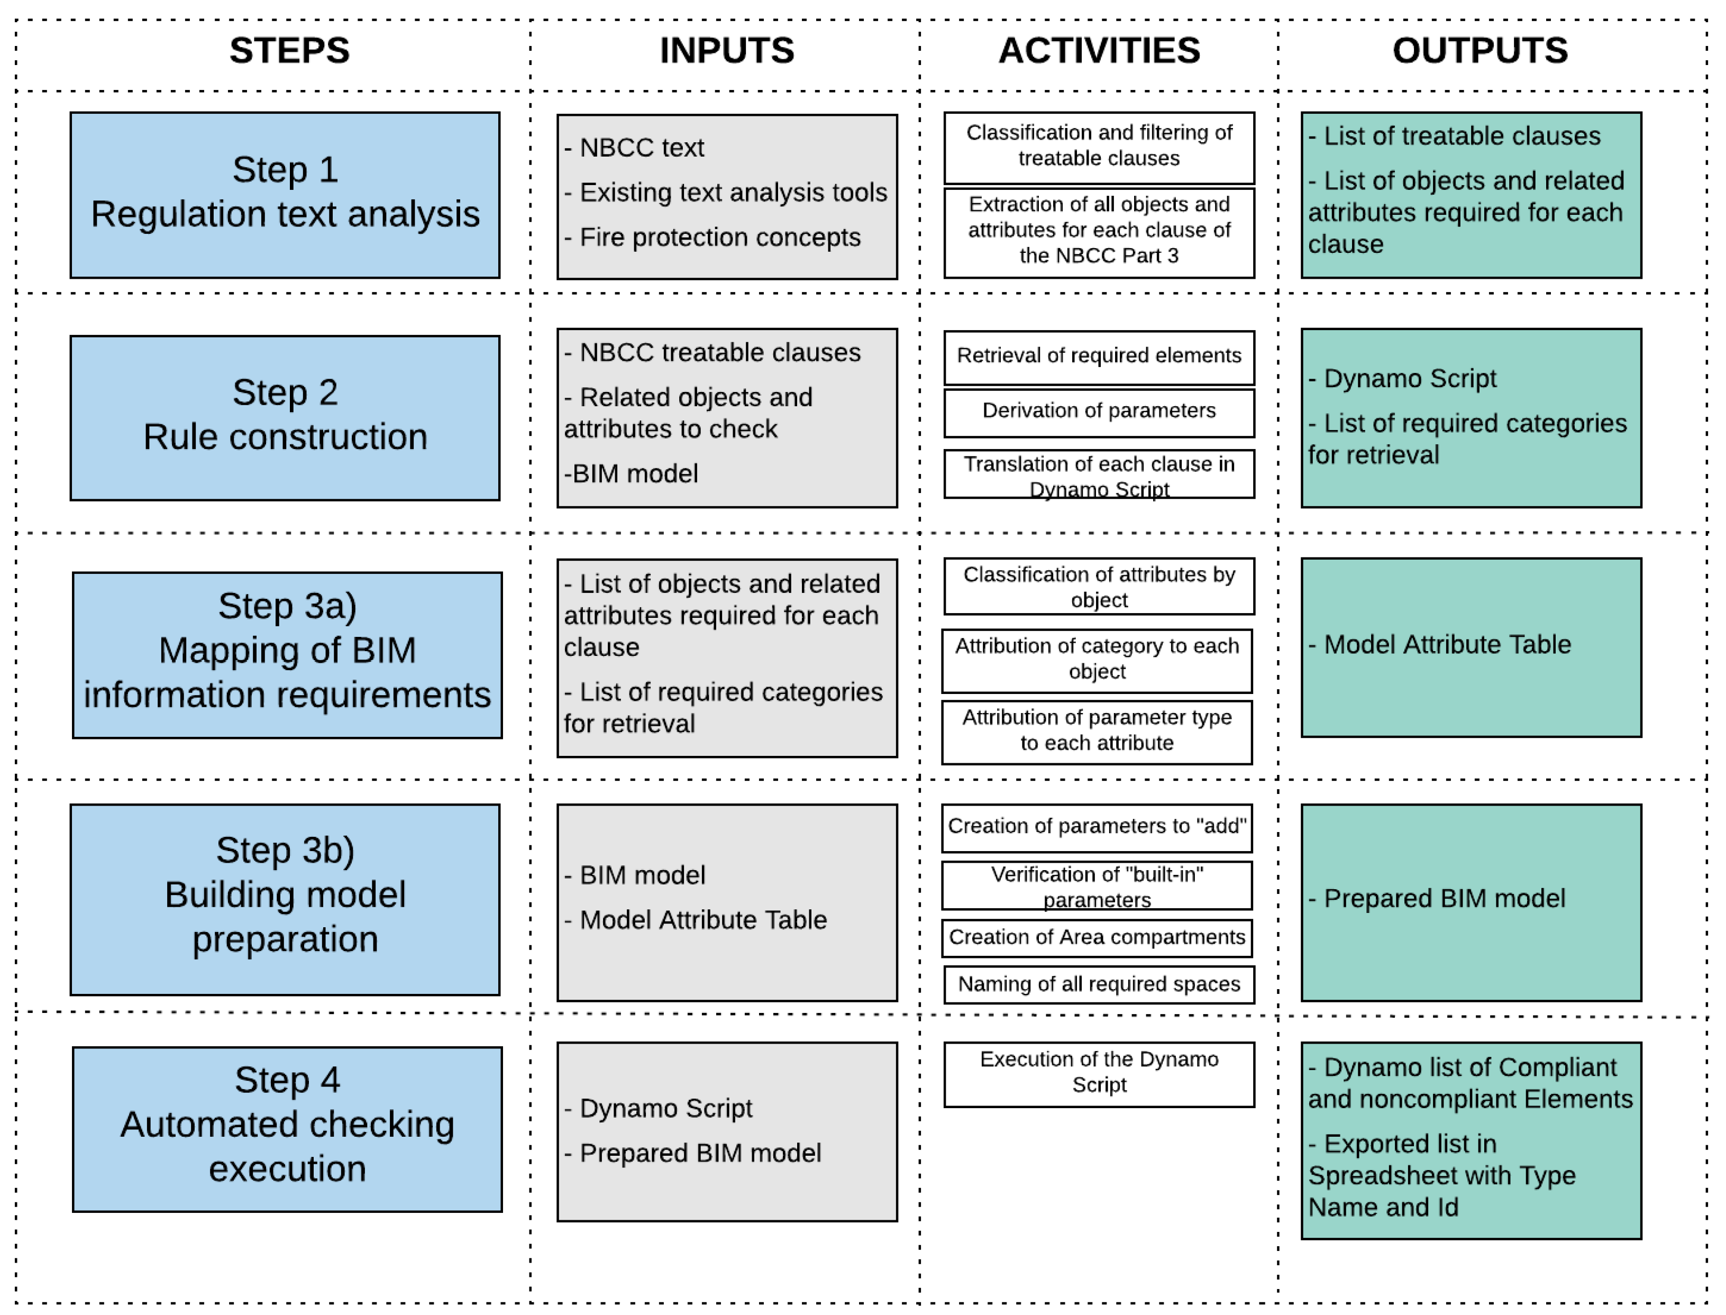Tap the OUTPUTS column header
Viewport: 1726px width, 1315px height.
[x=1480, y=51]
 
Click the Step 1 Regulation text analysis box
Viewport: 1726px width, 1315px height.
[x=285, y=195]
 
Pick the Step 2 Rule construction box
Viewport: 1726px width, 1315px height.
[x=285, y=418]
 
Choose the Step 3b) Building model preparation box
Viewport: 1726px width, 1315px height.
[x=285, y=899]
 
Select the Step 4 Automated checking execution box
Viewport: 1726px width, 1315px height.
[x=287, y=1129]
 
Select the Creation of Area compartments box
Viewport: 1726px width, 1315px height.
[x=1096, y=938]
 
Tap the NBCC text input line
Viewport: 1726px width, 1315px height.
[x=641, y=148]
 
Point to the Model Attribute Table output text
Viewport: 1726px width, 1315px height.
[x=1447, y=645]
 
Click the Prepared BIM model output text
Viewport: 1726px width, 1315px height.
[x=1444, y=899]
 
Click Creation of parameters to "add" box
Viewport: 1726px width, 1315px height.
[x=1096, y=827]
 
